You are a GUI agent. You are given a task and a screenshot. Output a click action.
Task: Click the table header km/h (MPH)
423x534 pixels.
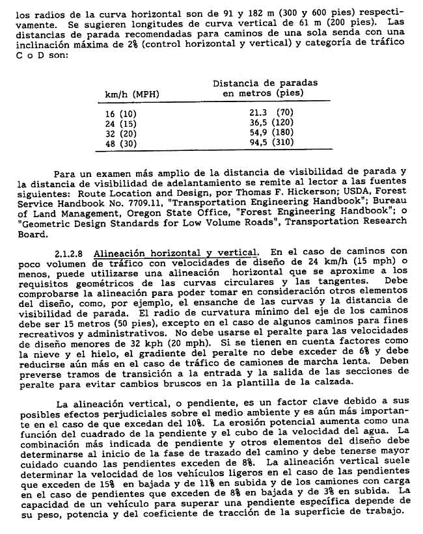point(132,94)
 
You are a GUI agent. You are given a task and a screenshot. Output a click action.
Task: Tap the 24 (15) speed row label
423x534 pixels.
point(119,122)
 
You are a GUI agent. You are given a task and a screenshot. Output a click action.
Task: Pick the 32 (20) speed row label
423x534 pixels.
point(119,132)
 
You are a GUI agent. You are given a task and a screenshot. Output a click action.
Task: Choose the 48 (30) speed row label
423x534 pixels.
point(119,142)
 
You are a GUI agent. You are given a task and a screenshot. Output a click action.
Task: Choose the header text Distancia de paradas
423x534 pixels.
point(266,83)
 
